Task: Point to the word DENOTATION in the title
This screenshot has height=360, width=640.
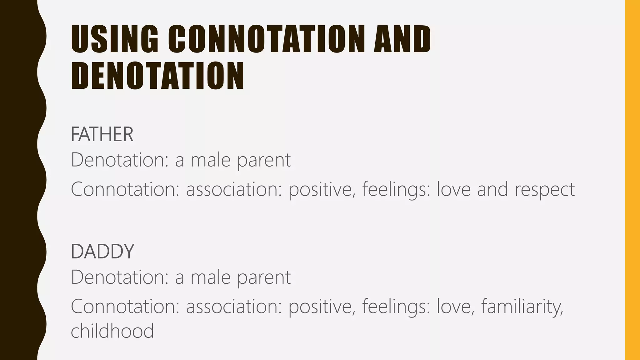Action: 157,76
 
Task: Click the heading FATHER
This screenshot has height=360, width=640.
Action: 102,134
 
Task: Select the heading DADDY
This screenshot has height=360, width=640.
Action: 102,251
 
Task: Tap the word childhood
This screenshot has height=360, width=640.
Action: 112,331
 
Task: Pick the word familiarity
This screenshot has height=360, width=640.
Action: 522,307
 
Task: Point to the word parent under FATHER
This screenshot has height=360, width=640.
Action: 264,161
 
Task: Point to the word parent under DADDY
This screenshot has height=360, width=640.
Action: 264,277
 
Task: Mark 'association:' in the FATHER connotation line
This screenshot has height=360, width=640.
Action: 234,189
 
